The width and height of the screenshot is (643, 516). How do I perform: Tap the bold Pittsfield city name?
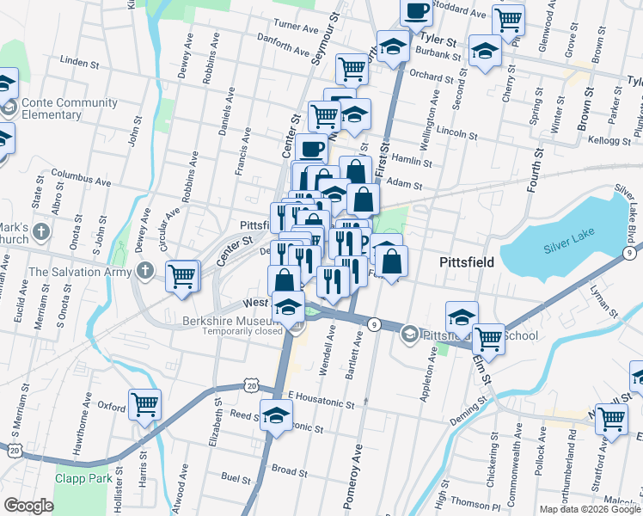466,262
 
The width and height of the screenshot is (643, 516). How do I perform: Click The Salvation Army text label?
80,272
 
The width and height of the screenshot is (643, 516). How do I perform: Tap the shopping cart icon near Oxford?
144,404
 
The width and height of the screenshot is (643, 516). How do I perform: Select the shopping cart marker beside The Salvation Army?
182,276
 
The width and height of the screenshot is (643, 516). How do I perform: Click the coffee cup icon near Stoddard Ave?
416,12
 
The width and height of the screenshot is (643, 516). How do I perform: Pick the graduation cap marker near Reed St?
275,415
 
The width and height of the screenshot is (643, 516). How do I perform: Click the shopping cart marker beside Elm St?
488,338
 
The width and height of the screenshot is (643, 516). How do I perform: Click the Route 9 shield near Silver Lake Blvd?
634,252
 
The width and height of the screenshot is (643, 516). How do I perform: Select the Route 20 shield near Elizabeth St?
249,386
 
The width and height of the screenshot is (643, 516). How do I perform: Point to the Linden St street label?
76,61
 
